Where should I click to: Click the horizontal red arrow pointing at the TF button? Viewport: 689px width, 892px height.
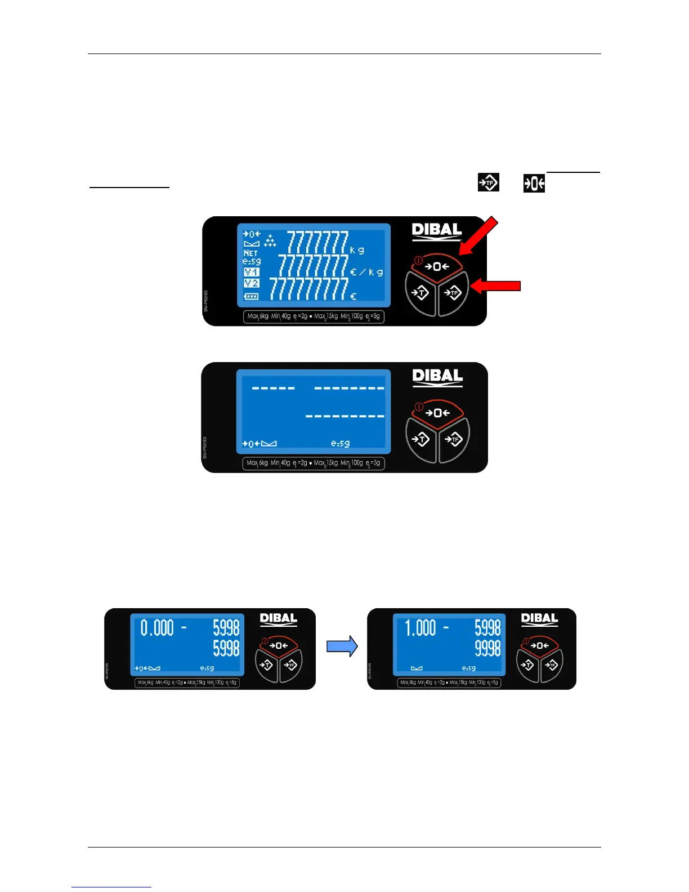tap(495, 287)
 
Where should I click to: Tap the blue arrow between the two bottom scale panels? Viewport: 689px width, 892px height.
tap(342, 646)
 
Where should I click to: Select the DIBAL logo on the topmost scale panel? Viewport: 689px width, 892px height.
tap(437, 231)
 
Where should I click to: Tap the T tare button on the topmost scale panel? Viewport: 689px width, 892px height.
tap(420, 292)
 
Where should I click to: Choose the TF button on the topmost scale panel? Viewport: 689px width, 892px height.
tap(453, 292)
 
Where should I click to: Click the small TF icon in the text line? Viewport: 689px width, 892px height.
tap(488, 182)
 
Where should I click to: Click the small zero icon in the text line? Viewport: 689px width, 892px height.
tap(534, 183)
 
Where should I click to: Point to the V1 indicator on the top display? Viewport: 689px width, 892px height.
tap(251, 272)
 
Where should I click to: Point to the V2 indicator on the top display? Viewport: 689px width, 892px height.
tap(251, 283)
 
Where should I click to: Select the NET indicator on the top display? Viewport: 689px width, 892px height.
tap(250, 253)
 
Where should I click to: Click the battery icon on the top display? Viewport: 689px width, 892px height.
tap(251, 296)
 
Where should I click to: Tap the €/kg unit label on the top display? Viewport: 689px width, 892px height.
tap(366, 273)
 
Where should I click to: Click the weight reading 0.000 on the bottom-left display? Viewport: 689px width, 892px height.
tap(157, 627)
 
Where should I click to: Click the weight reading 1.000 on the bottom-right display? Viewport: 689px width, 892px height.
tap(420, 627)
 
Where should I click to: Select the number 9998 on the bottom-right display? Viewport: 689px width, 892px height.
tap(487, 648)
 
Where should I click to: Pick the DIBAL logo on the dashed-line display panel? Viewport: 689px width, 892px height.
tap(437, 377)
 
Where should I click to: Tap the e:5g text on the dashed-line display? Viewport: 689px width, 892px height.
tap(340, 444)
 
